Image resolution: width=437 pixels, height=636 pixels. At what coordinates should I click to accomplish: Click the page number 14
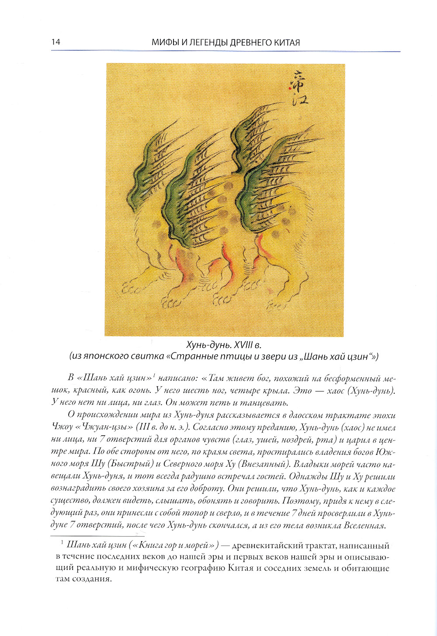click(x=55, y=42)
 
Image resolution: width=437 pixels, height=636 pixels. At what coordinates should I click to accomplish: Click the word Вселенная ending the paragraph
click(x=362, y=525)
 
